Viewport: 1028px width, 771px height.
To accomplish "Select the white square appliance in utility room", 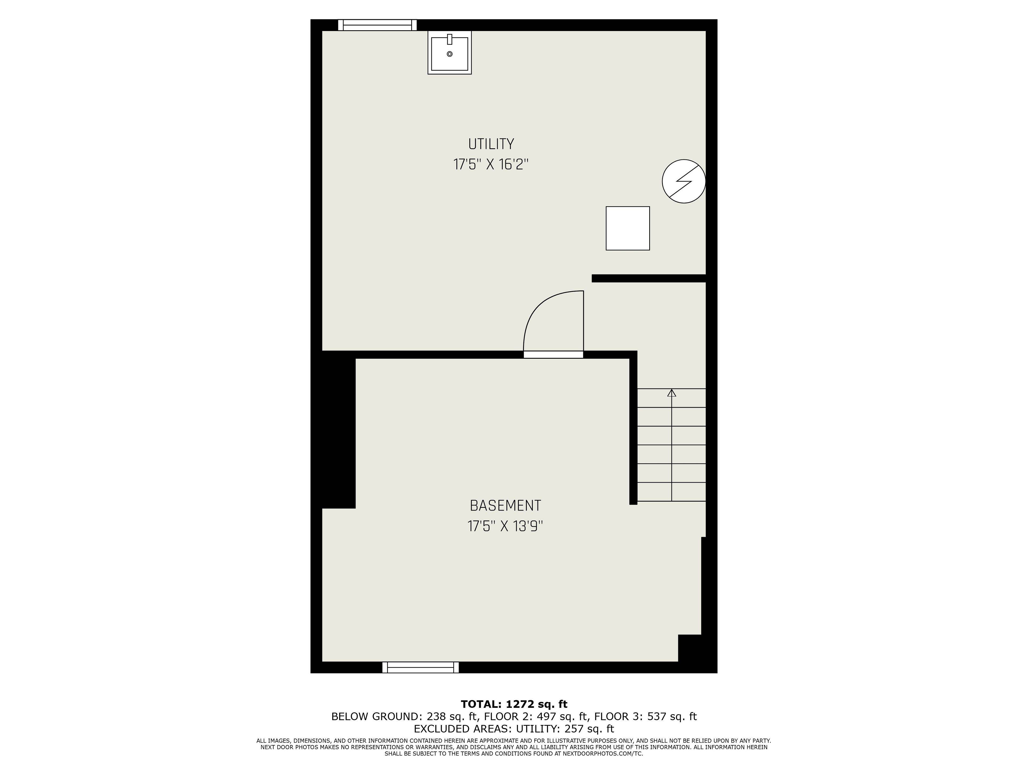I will point(628,228).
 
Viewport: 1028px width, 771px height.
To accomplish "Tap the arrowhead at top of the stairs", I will point(671,393).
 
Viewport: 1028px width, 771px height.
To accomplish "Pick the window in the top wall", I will point(377,25).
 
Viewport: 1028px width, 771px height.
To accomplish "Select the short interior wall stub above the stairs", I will point(649,278).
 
